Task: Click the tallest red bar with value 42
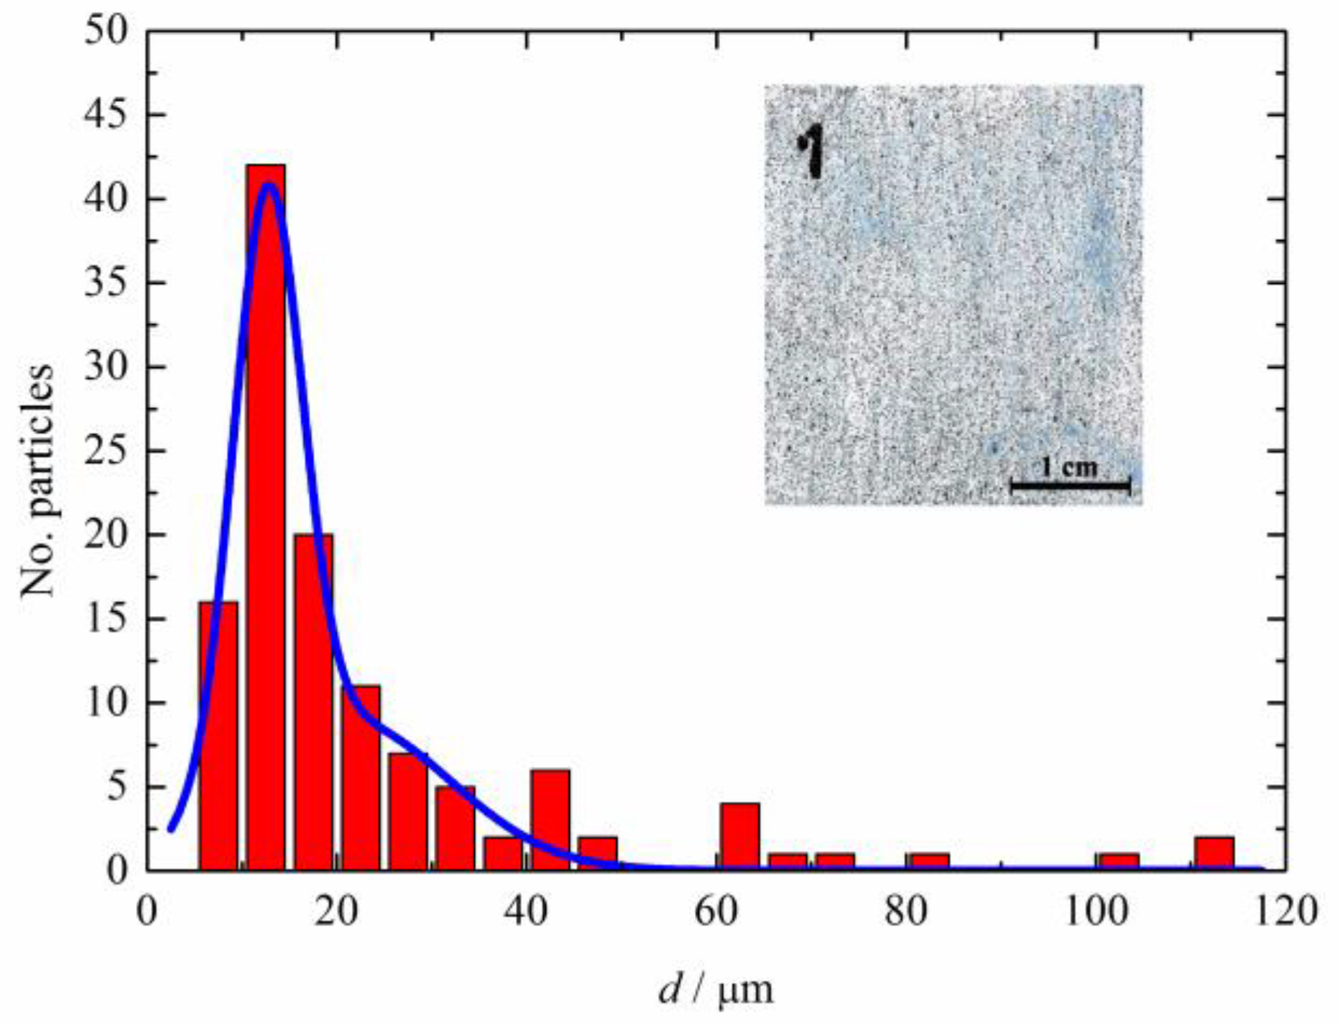(266, 518)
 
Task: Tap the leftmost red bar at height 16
(218, 736)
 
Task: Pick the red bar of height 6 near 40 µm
(550, 820)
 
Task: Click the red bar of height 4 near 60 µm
(740, 837)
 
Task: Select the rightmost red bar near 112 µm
(1214, 854)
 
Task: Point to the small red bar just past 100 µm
(1118, 863)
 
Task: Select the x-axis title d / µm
(716, 990)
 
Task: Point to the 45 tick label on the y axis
(106, 115)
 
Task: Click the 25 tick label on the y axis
(106, 451)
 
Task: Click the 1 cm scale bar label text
(1069, 468)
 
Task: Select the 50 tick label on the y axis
(106, 32)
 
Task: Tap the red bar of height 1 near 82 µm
(928, 863)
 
